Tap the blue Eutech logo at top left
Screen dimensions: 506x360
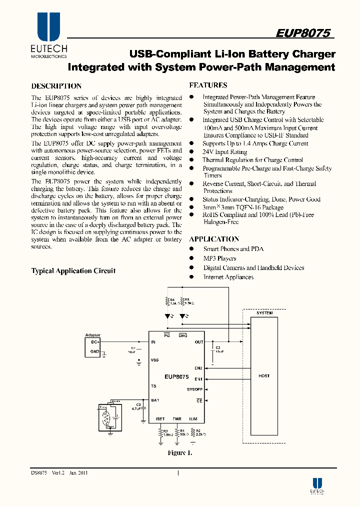pos(48,27)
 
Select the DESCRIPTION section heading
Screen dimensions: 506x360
pos(56,86)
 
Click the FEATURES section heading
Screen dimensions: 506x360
pos(208,85)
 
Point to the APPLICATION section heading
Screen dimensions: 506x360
pos(214,239)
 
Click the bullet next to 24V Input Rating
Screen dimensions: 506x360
pos(191,151)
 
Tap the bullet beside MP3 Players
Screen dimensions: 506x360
pos(191,258)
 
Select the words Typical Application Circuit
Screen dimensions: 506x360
pos(73,271)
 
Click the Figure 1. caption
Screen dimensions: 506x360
pos(179,453)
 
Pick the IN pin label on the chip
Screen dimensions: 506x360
pos(153,342)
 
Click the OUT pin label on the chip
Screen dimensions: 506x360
pos(199,342)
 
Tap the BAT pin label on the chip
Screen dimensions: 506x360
pos(154,400)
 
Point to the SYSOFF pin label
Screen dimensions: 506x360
pos(195,389)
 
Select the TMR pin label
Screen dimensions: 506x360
pos(177,419)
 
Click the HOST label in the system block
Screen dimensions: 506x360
pos(264,376)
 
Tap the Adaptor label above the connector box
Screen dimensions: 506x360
pos(93,335)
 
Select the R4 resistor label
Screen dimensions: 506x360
pos(172,300)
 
